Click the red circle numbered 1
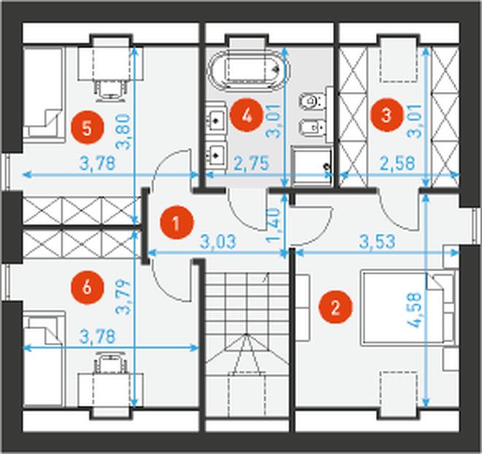tap(177, 223)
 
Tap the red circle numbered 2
tap(335, 308)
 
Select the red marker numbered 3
tap(386, 115)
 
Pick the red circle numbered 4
tap(248, 116)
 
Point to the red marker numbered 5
tap(88, 128)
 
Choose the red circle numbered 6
tap(88, 288)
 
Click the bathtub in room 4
tap(249, 70)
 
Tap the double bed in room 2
tap(408, 307)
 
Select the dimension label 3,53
tap(377, 241)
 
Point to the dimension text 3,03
tap(218, 241)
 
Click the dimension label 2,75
tap(251, 163)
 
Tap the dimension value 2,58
tap(397, 163)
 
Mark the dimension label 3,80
tap(124, 132)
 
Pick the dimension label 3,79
tap(123, 297)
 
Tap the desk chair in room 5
tap(110, 88)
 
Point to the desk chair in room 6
tap(110, 365)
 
